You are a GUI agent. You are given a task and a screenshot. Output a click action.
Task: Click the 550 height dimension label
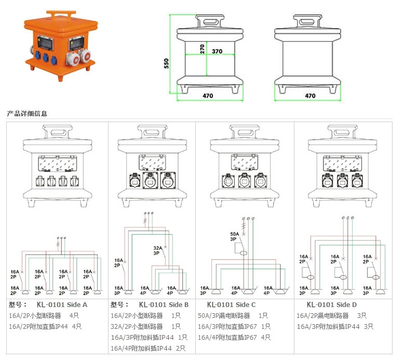(167, 63)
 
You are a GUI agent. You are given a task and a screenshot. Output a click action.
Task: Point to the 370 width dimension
(218, 51)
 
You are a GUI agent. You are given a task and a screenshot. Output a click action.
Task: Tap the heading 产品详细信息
(26, 113)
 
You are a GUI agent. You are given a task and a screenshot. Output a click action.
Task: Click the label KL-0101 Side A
(62, 304)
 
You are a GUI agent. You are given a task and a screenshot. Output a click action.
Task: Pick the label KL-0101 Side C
(231, 304)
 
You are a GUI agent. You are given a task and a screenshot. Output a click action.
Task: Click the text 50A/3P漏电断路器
(224, 315)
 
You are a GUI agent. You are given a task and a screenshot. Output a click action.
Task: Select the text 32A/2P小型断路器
(137, 326)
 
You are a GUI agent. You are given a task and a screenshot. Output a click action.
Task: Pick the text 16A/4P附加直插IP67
(227, 337)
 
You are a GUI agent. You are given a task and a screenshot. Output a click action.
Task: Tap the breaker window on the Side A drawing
(58, 164)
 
